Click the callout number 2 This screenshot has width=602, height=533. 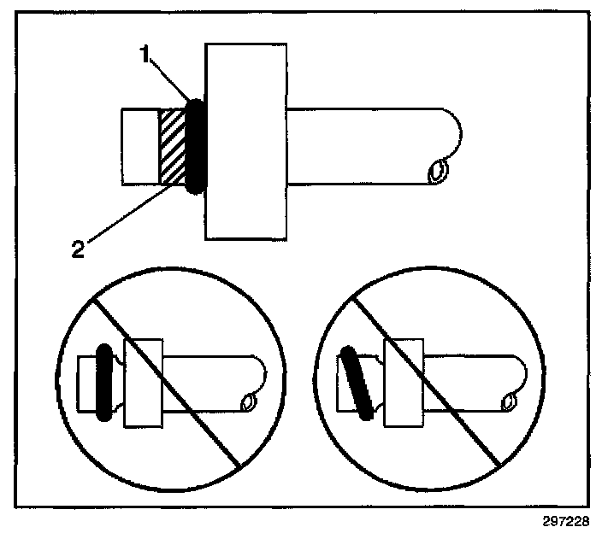[78, 249]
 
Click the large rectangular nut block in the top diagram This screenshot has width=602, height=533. [245, 141]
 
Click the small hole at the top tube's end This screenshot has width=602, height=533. [437, 173]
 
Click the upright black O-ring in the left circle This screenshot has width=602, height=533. [103, 382]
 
